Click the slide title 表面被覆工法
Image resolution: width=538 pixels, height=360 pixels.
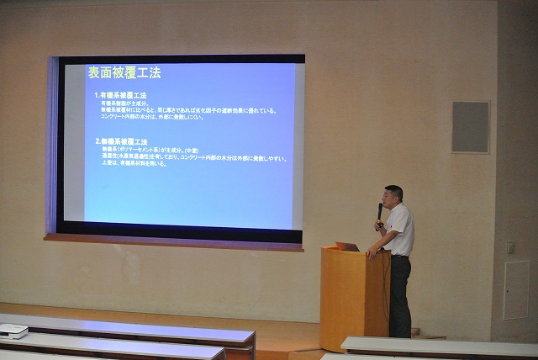[124, 73]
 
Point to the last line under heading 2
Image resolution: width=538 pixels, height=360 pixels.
[134, 164]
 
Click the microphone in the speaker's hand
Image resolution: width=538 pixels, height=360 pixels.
[379, 209]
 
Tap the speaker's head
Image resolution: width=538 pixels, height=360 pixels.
[393, 195]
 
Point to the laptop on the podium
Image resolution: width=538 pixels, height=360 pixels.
[348, 246]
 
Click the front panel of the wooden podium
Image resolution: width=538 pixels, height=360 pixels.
[343, 294]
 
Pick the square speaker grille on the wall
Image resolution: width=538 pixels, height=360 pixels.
[470, 127]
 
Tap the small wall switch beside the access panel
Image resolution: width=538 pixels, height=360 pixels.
[510, 247]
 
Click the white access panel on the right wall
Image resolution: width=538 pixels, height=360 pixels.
[516, 290]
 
